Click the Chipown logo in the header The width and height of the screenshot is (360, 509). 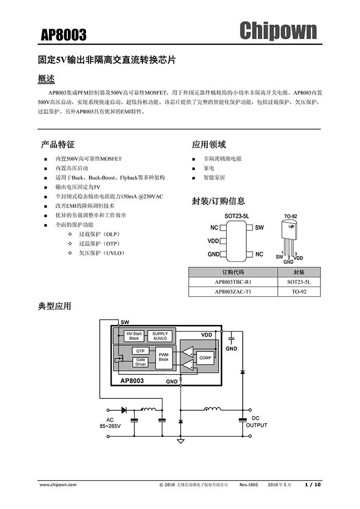pyautogui.click(x=278, y=31)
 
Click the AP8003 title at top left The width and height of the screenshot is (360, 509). pyautogui.click(x=64, y=34)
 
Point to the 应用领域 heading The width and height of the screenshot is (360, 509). pyautogui.click(x=209, y=144)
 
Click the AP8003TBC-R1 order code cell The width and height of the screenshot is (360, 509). pyautogui.click(x=233, y=282)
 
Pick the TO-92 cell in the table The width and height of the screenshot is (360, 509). pyautogui.click(x=299, y=292)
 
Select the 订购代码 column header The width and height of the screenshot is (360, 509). pyautogui.click(x=233, y=272)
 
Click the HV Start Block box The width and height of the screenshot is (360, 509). pyautogui.click(x=134, y=336)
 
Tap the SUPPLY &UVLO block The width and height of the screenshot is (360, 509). pyautogui.click(x=160, y=336)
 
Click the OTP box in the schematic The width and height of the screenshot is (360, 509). pyautogui.click(x=140, y=351)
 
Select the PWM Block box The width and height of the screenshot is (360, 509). pyautogui.click(x=164, y=357)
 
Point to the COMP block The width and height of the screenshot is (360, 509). pyautogui.click(x=205, y=357)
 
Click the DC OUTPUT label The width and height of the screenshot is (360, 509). pyautogui.click(x=256, y=422)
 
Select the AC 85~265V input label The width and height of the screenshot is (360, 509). pyautogui.click(x=110, y=423)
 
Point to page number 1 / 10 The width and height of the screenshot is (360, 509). pyautogui.click(x=313, y=484)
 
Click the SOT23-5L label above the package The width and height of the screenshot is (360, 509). pyautogui.click(x=237, y=217)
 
